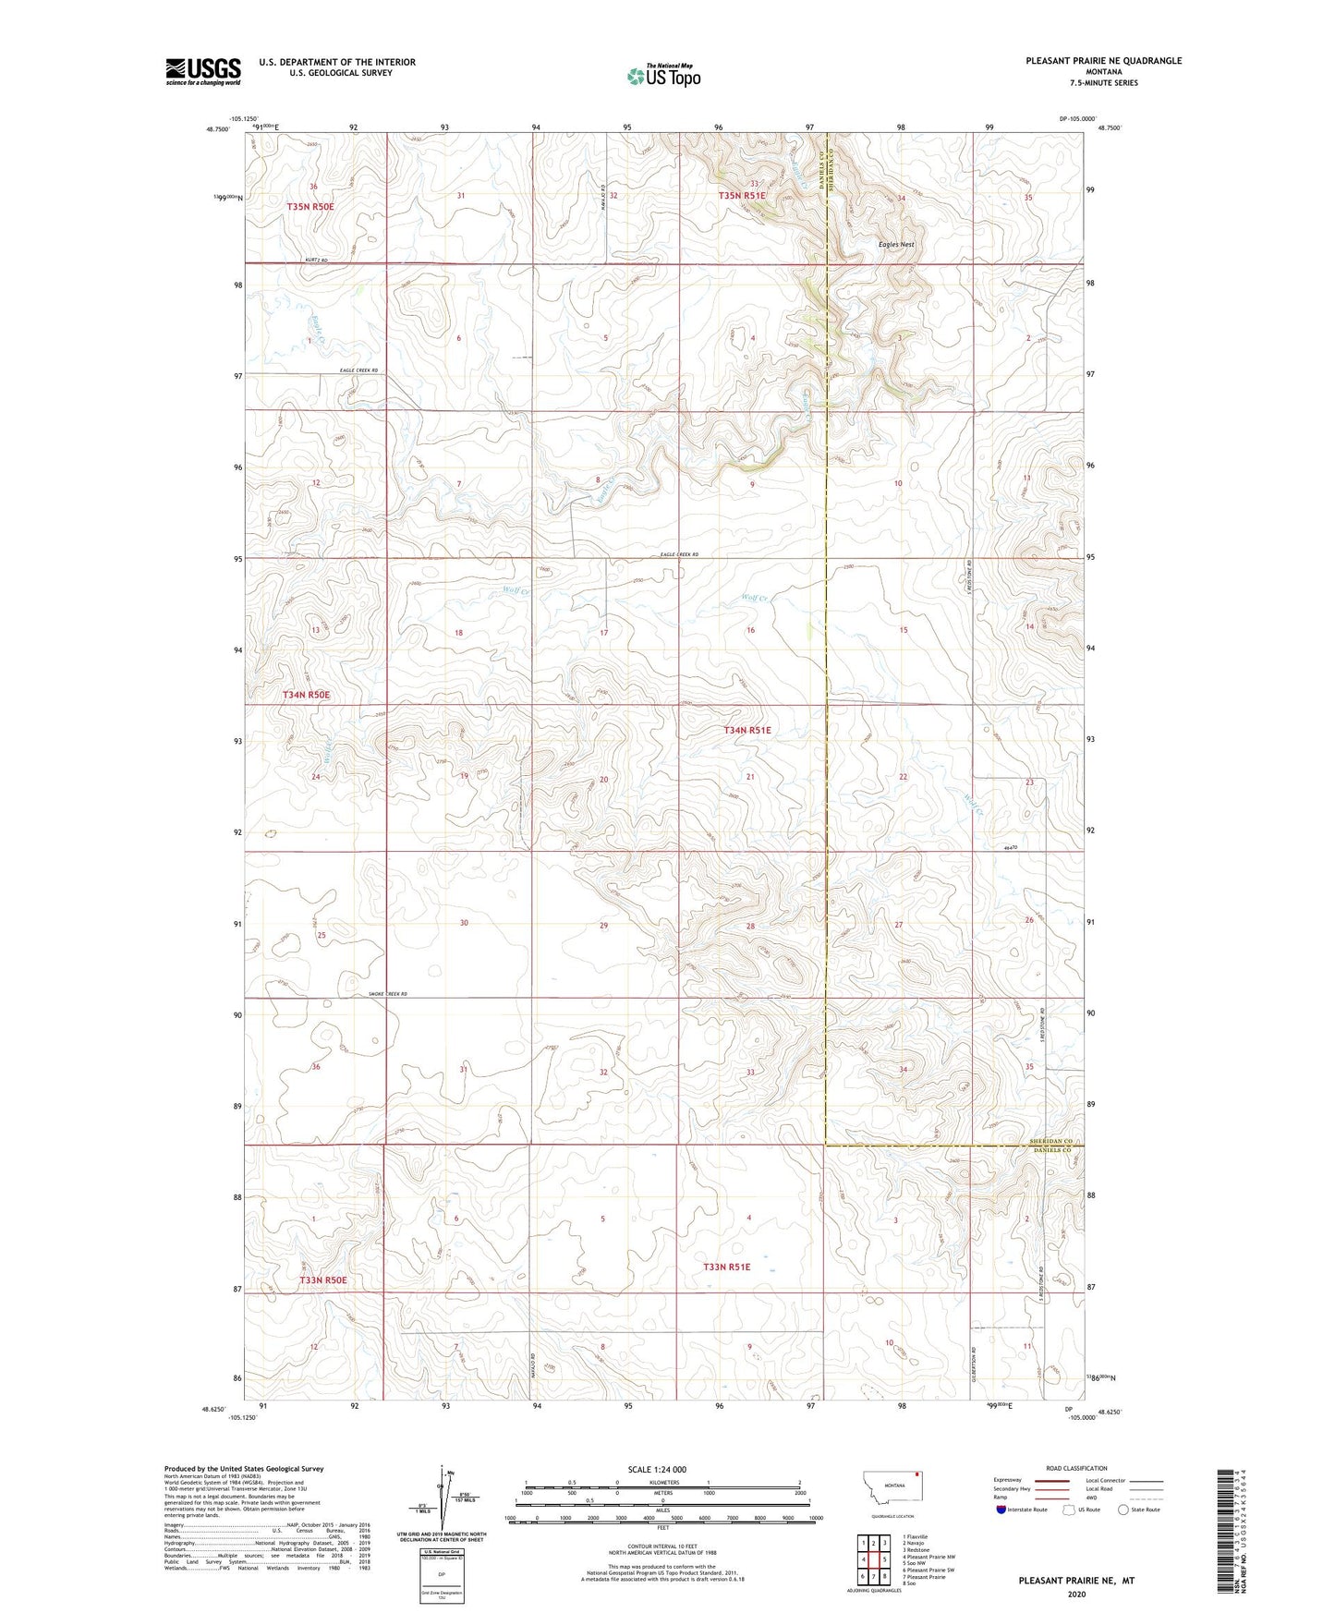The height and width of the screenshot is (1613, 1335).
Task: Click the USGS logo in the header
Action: coord(202,71)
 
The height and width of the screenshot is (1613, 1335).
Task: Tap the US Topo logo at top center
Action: coord(662,76)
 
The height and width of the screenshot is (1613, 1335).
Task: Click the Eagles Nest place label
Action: coord(895,245)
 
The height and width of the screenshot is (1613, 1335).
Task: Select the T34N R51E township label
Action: coord(746,730)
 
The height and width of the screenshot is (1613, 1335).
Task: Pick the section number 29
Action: coord(603,925)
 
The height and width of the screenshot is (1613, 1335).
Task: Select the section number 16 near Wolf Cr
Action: coord(750,630)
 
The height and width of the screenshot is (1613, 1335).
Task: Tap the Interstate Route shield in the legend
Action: coord(1002,1510)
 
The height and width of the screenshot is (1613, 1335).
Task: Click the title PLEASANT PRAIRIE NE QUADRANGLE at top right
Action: coord(1103,61)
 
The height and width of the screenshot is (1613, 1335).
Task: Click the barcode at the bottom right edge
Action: coord(1225,1527)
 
